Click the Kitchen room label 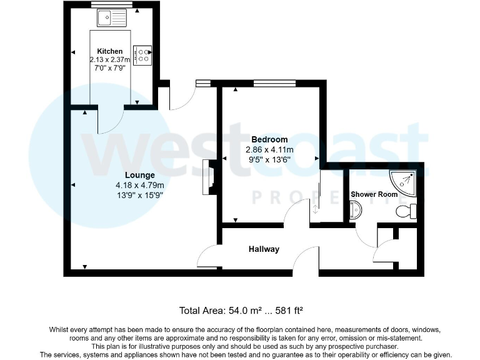click(109, 51)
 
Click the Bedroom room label click(269, 139)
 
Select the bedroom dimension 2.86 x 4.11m click(269, 150)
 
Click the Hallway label click(264, 249)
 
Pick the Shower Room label click(374, 194)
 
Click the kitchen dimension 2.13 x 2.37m click(110, 59)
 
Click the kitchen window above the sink click(109, 5)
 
